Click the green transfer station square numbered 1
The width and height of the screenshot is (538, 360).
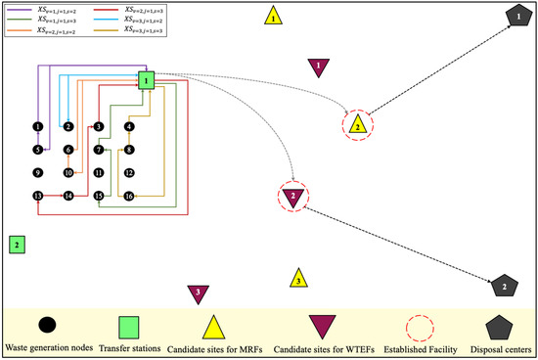(x=145, y=80)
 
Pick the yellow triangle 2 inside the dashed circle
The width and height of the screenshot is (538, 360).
(x=358, y=124)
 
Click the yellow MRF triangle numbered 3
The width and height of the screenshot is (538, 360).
(x=297, y=280)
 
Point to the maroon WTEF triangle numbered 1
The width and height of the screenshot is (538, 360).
(x=317, y=66)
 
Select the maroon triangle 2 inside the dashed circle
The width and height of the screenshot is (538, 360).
(x=292, y=197)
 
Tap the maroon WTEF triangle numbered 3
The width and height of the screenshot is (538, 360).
(x=199, y=292)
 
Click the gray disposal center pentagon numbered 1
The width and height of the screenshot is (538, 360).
(x=514, y=16)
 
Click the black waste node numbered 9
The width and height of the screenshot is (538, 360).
(x=37, y=173)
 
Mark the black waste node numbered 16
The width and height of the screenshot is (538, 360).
(x=129, y=196)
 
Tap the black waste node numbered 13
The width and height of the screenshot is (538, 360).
(x=37, y=196)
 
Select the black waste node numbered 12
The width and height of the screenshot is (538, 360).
(x=129, y=173)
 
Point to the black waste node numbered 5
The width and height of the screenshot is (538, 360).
(x=37, y=150)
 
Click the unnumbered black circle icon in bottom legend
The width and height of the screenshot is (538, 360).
(x=47, y=324)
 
